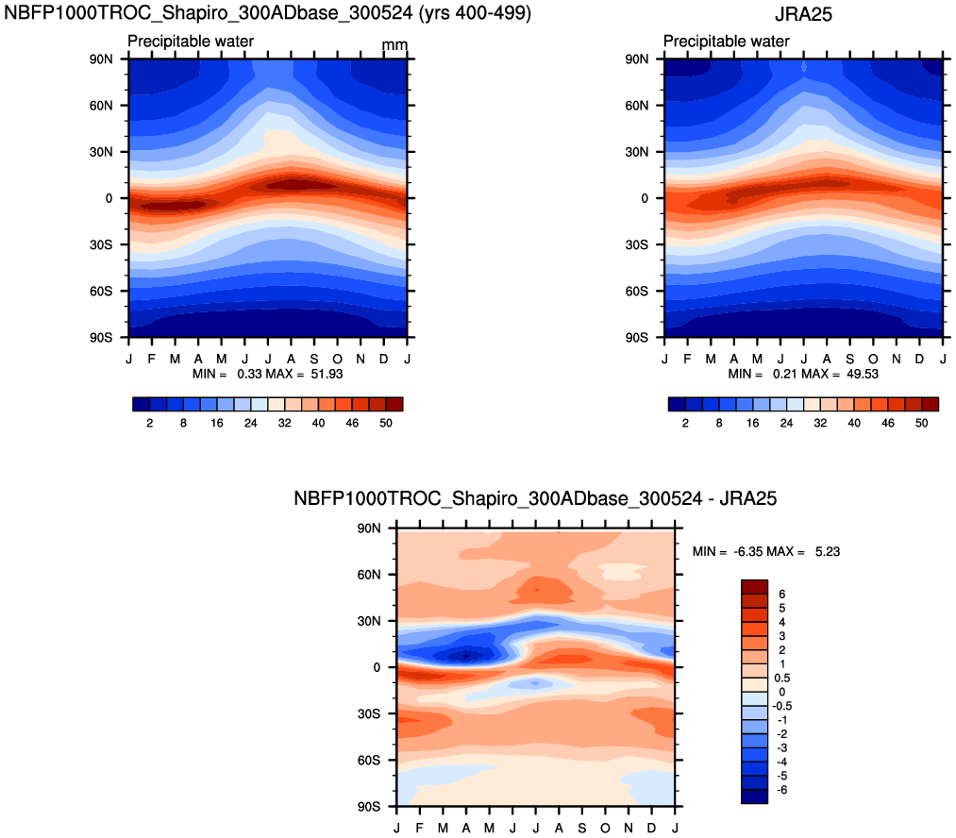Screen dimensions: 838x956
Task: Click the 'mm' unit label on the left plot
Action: coord(394,45)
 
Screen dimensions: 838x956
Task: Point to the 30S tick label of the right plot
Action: coord(638,244)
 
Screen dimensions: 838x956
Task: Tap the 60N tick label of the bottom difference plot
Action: coord(370,575)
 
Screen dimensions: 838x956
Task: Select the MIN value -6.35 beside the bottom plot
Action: coord(746,551)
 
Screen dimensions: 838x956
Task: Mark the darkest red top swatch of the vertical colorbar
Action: coord(755,586)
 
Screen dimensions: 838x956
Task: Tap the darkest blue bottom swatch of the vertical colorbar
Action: coord(755,796)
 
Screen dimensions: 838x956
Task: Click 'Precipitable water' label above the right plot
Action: coord(726,42)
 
